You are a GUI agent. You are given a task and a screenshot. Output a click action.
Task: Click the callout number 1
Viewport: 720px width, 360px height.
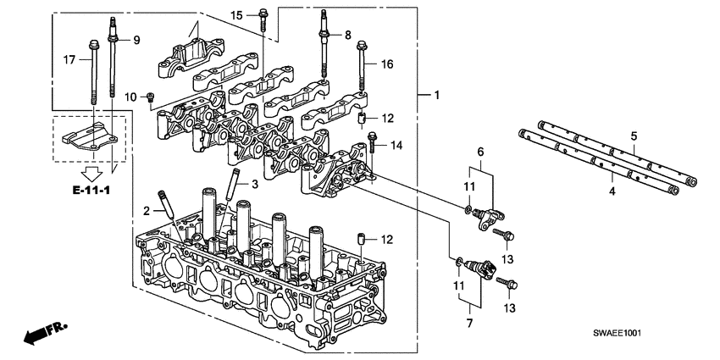436,96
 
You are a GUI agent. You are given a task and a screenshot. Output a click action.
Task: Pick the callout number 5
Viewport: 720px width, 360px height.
633,136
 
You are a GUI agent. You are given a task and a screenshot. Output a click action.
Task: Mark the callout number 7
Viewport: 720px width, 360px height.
468,323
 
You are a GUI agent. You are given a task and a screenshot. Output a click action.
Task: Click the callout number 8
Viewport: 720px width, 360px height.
347,35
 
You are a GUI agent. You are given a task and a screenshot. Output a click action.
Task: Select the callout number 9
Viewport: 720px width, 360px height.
136,40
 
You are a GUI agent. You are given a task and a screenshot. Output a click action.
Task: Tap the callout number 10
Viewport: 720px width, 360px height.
131,97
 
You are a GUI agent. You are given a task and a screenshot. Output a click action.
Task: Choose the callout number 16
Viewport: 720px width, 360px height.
389,64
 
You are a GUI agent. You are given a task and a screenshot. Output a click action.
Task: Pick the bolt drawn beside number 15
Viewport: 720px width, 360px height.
263,19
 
